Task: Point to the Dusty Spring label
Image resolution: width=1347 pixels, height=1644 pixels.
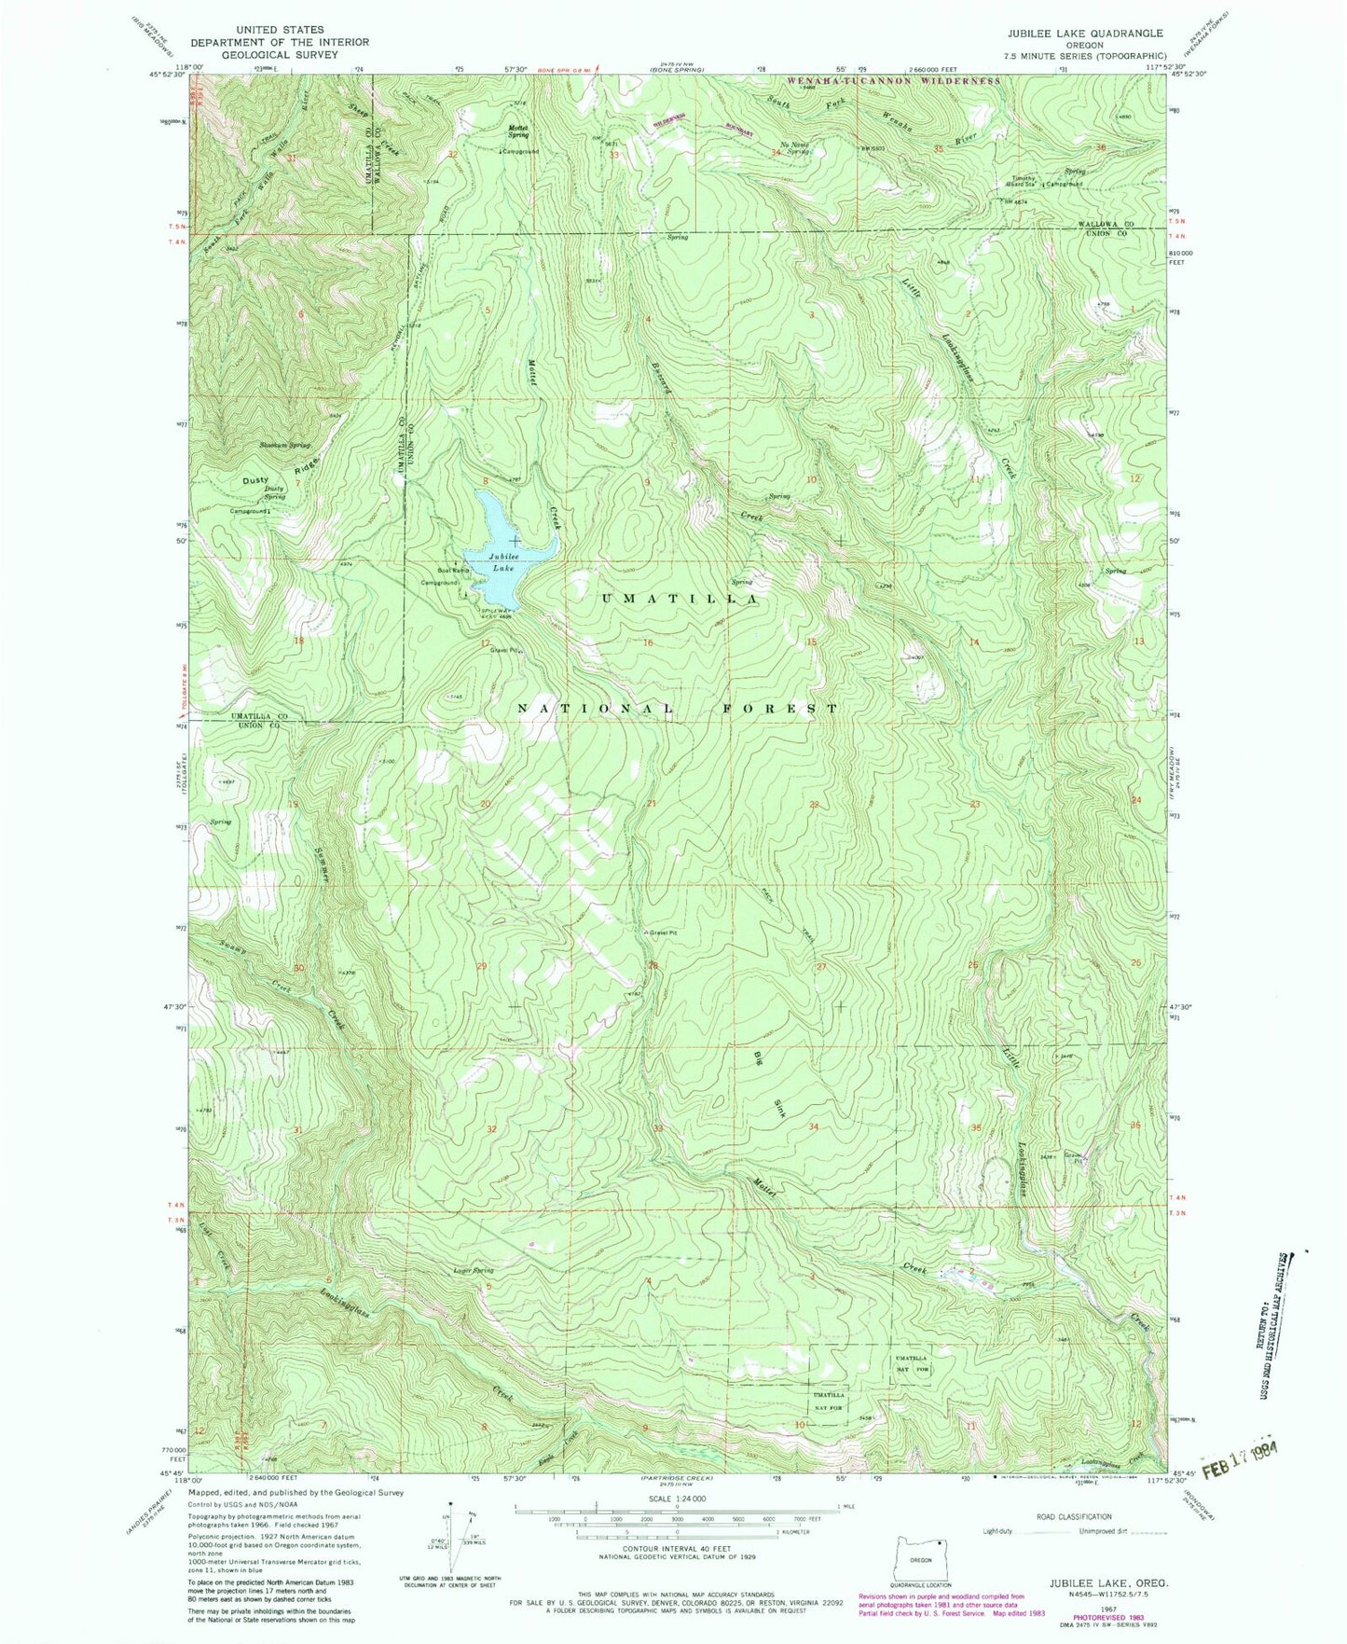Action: (274, 492)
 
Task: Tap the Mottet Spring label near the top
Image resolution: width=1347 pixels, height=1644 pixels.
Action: (519, 131)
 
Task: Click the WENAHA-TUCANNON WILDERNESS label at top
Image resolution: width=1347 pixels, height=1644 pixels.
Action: (894, 81)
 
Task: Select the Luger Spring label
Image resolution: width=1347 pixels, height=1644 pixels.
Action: (474, 1271)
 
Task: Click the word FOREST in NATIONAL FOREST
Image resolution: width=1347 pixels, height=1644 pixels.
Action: (778, 709)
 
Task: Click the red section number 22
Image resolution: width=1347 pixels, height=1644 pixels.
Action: (814, 804)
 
